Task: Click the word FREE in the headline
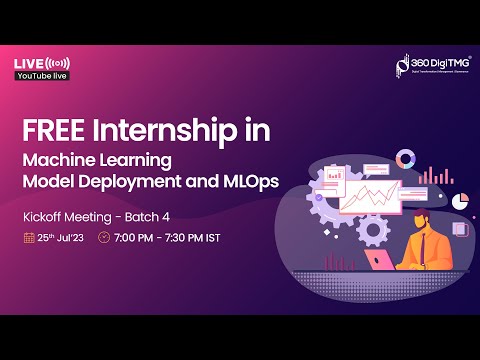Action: pos(51,130)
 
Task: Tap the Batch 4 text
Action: pos(146,216)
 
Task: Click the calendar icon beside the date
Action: pos(29,238)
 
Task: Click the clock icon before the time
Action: pos(104,238)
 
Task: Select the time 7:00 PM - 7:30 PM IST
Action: pos(175,238)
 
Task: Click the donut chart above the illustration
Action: pos(405,159)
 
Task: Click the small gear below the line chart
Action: pos(373,229)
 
